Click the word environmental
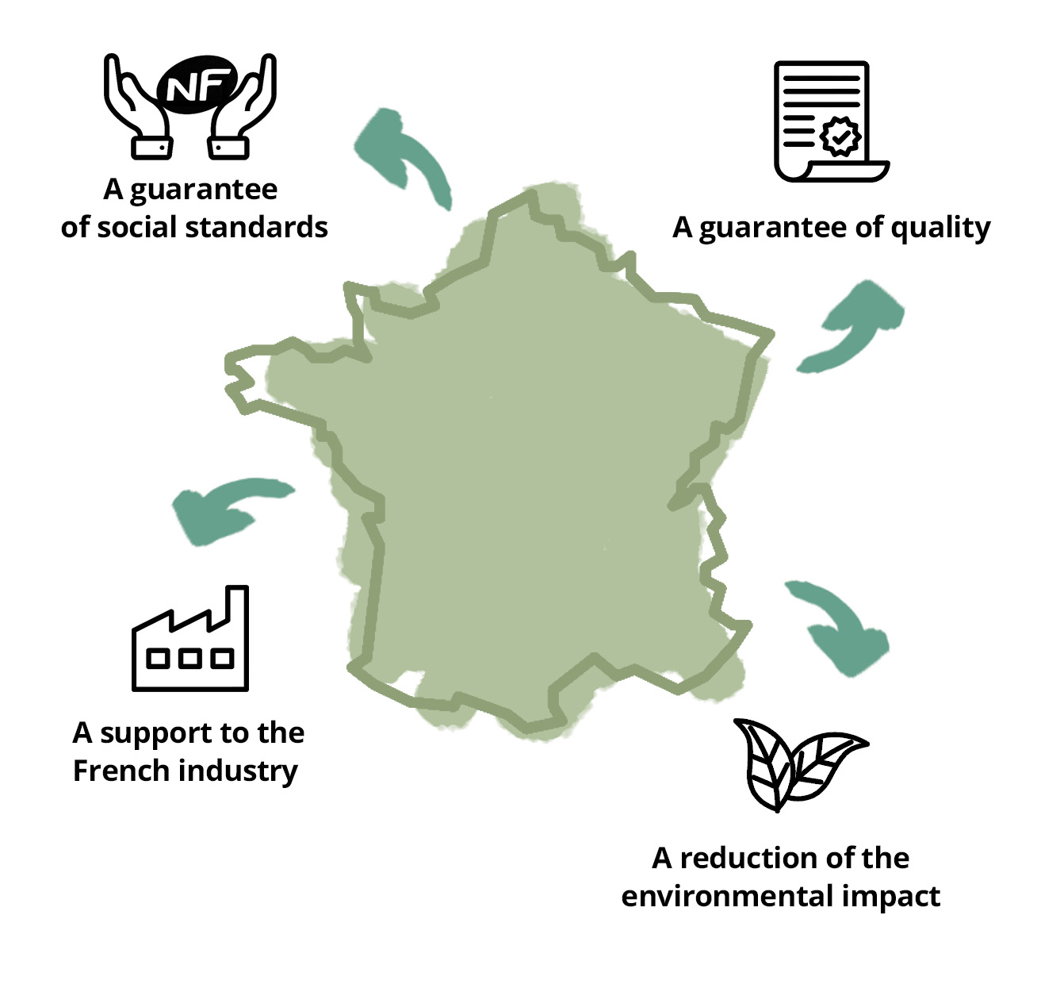pyautogui.click(x=726, y=896)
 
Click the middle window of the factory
pyautogui.click(x=190, y=658)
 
